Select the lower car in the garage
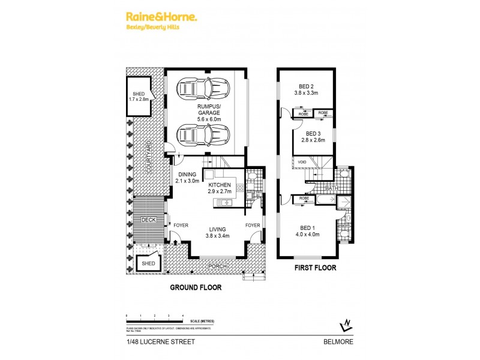199,134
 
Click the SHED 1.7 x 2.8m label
139,97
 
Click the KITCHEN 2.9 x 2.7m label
220,189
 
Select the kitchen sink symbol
226,203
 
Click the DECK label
149,220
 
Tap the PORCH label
217,266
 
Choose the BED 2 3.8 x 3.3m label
310,89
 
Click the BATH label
331,188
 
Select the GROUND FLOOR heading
196,287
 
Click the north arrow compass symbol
344,325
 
